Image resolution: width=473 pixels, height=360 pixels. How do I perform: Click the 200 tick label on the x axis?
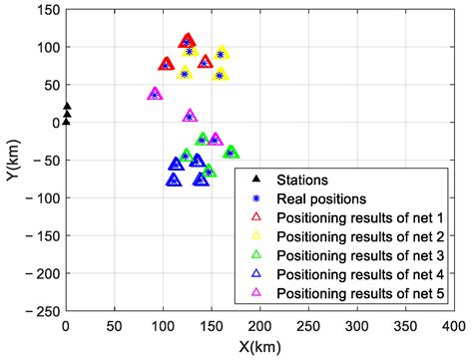coord(259,326)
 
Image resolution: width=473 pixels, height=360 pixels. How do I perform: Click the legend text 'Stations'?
coord(301,180)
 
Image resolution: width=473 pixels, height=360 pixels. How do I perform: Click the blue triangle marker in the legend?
coord(256,273)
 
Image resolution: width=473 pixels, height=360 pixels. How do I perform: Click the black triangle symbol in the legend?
coord(256,180)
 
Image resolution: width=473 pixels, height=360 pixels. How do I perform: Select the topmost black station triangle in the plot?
coord(67,106)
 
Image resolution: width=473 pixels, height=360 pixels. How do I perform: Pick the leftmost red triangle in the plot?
coord(166,64)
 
